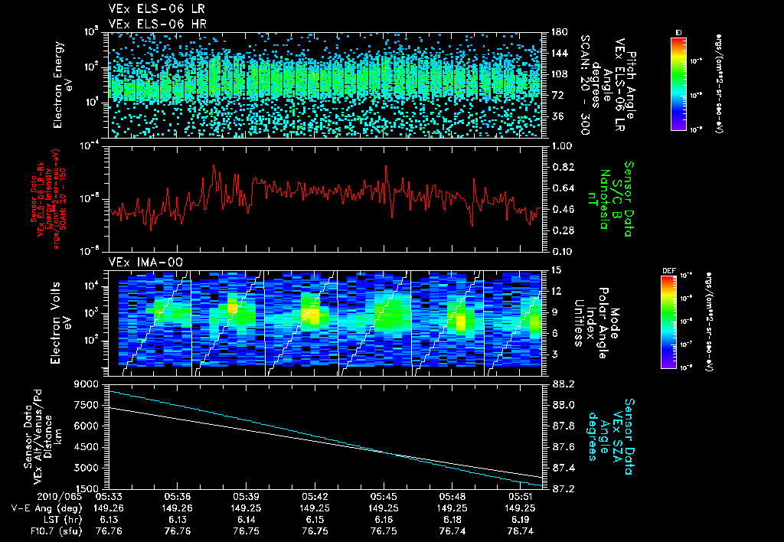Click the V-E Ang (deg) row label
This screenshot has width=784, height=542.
(x=44, y=508)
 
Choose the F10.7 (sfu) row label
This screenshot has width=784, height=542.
(x=52, y=531)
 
